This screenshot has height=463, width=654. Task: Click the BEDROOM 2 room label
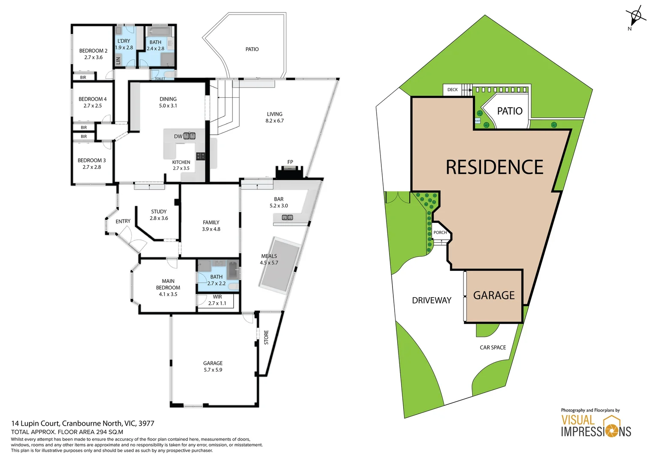[x=93, y=51]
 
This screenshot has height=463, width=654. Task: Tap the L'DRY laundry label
[x=124, y=41]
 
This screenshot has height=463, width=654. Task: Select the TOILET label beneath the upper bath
[x=160, y=79]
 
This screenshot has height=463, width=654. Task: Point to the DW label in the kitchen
[x=178, y=136]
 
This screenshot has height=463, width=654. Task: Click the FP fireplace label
[x=290, y=162]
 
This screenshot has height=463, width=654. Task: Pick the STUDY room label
[x=159, y=212]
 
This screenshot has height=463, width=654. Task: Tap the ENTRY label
[x=123, y=221]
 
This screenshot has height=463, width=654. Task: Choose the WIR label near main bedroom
[x=217, y=297]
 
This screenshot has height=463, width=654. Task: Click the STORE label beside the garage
[x=266, y=337]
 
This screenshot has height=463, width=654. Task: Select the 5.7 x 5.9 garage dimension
[x=213, y=370]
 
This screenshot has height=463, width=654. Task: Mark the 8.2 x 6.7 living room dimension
[x=274, y=121]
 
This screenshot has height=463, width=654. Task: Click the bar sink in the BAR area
[x=287, y=218]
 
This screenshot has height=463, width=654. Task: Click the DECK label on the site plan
[x=452, y=90]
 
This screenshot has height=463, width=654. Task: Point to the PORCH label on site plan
[x=440, y=233]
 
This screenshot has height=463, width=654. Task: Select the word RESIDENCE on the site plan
[x=494, y=167]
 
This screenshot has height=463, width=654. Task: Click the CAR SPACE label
[x=493, y=348]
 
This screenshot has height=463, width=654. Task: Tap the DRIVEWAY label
[x=431, y=301]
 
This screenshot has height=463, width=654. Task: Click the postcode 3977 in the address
[x=146, y=424]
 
